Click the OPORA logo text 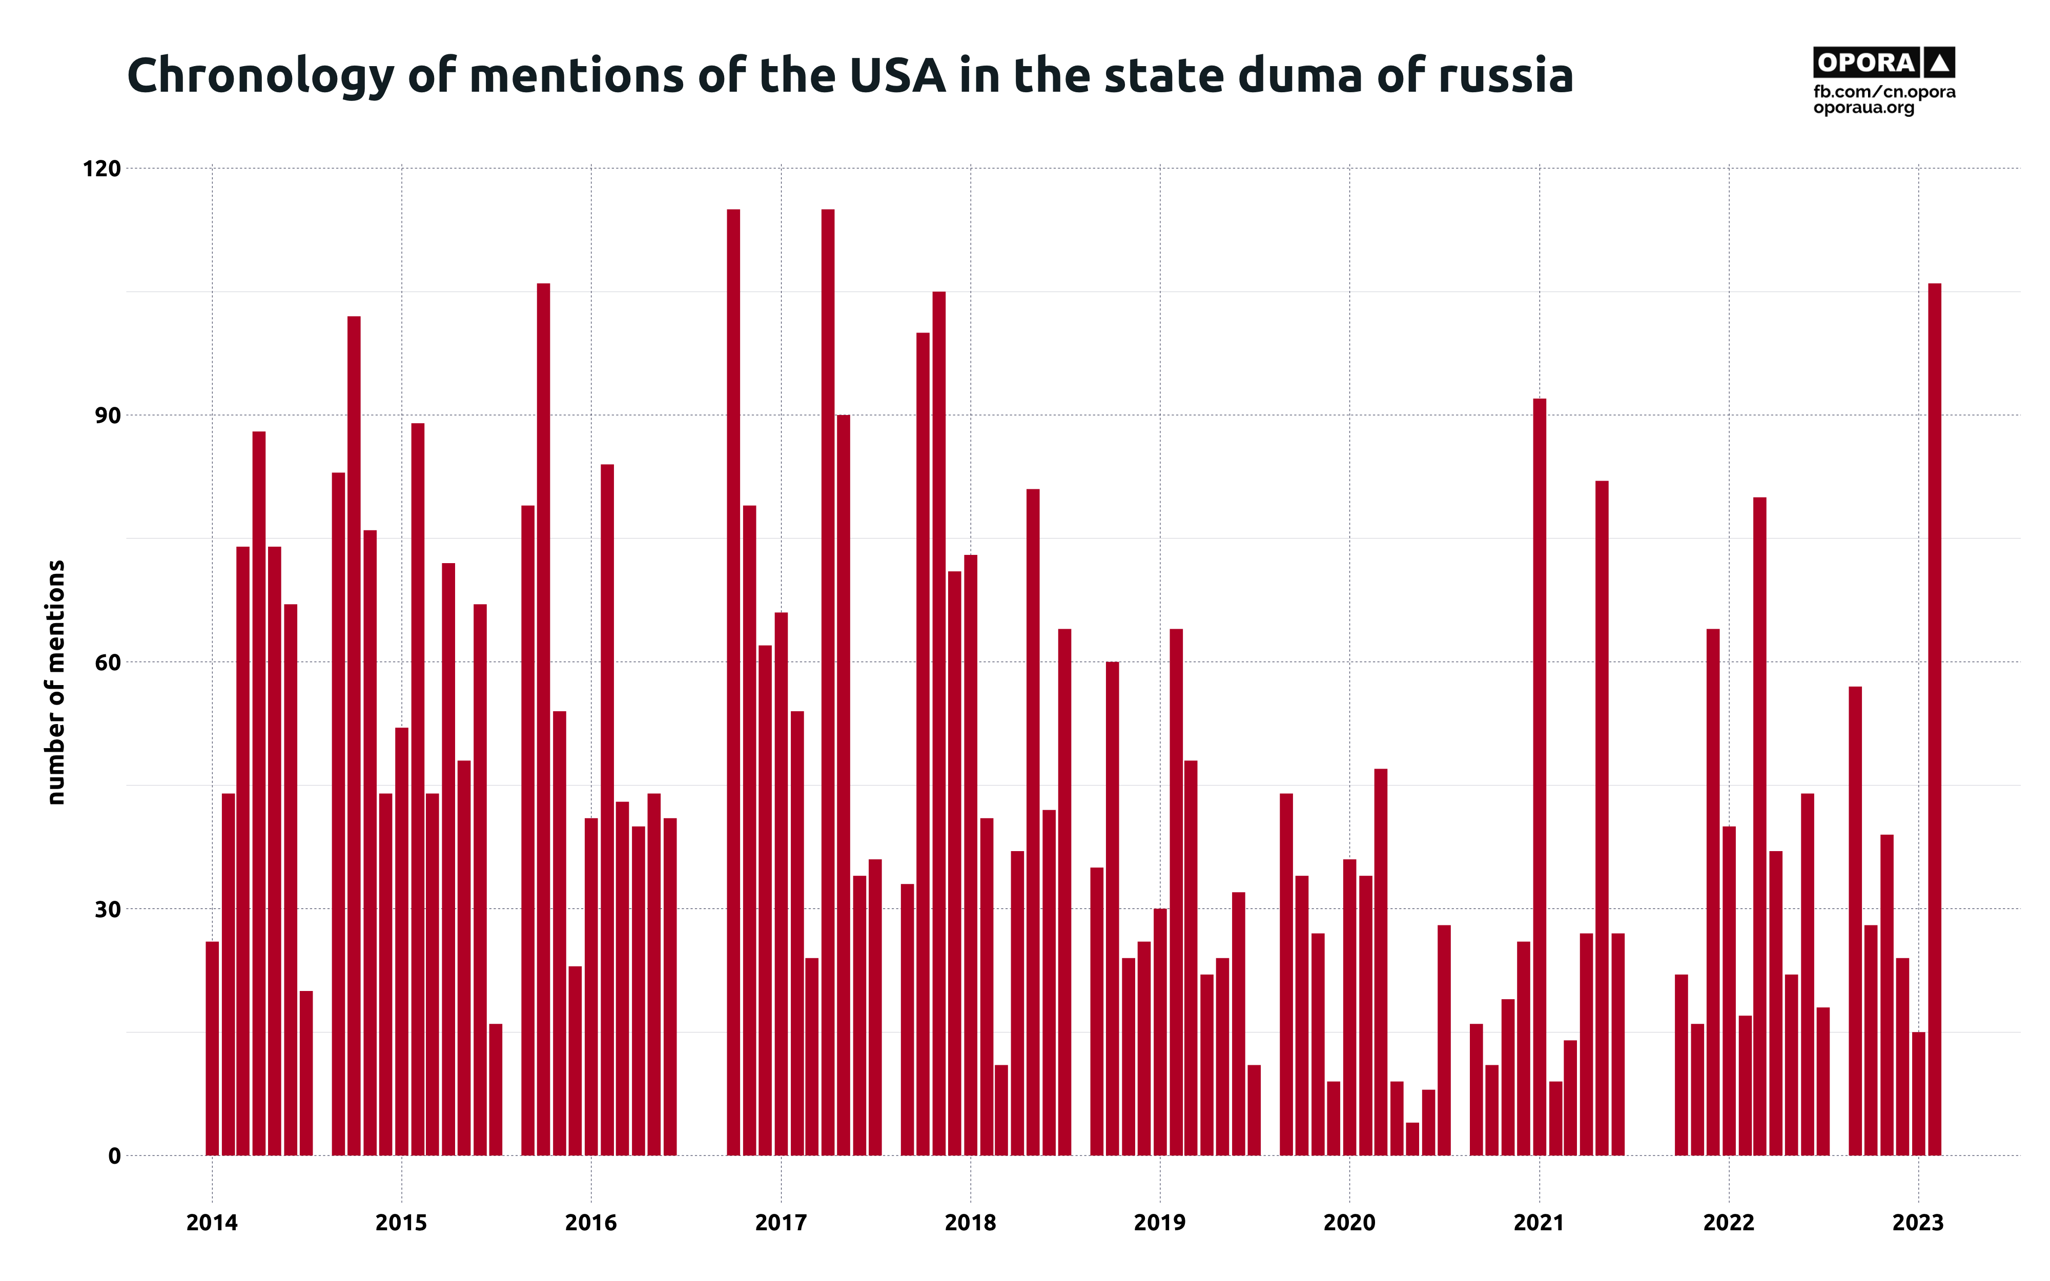pos(1866,63)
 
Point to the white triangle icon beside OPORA pos(1939,63)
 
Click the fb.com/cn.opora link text pos(1884,92)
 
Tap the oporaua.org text pos(1863,109)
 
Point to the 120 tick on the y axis pos(101,169)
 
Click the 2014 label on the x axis pos(212,1223)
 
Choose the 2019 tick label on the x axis pos(1160,1223)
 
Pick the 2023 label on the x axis pos(1918,1223)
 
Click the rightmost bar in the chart pos(1934,720)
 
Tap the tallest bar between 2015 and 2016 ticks pos(543,720)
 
